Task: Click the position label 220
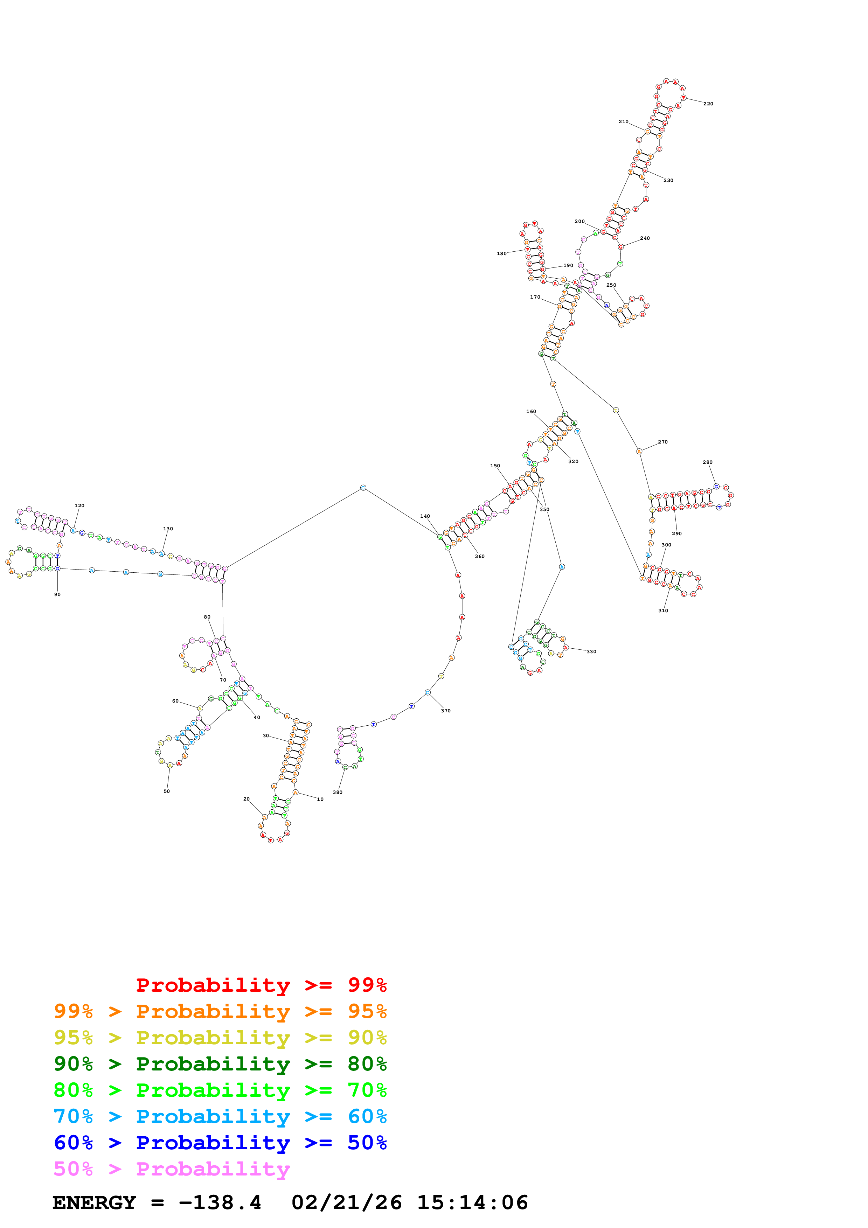pyautogui.click(x=708, y=104)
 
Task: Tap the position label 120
pyautogui.click(x=79, y=505)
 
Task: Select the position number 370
pyautogui.click(x=445, y=711)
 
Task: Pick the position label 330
pyautogui.click(x=591, y=651)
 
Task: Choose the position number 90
pyautogui.click(x=57, y=594)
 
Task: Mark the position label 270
pyautogui.click(x=662, y=442)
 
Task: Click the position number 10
pyautogui.click(x=320, y=799)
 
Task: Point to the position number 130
pyautogui.click(x=168, y=529)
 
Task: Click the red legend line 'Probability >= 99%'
pyautogui.click(x=261, y=985)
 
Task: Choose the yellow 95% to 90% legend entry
pyautogui.click(x=220, y=1037)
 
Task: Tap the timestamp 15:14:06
pyautogui.click(x=472, y=1202)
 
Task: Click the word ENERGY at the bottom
pyautogui.click(x=94, y=1202)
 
